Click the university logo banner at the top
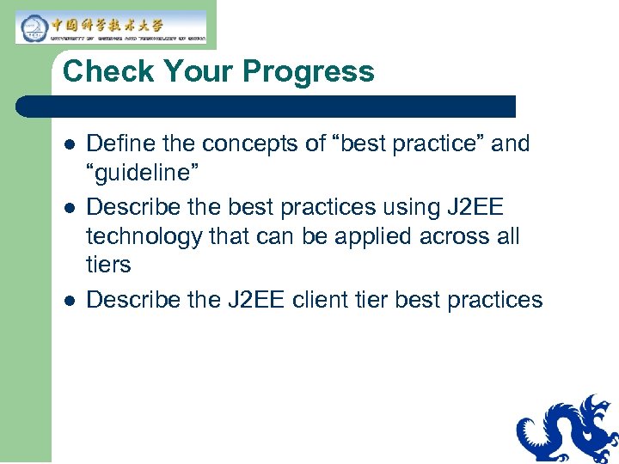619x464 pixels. (x=111, y=27)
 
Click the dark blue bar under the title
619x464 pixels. (x=267, y=107)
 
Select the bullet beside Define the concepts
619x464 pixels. (x=69, y=144)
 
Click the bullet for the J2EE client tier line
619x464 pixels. (x=69, y=301)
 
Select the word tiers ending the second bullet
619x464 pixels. (x=108, y=266)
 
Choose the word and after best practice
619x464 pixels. (x=511, y=143)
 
